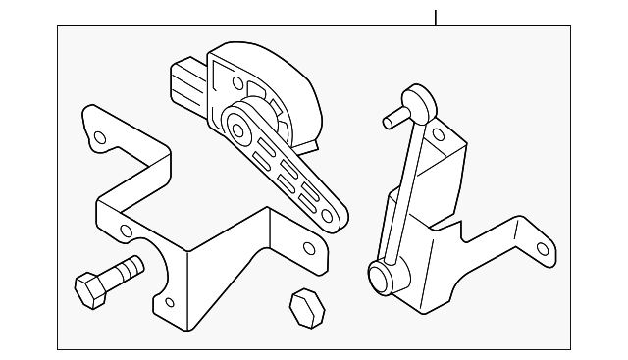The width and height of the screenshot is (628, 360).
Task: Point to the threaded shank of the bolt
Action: coord(126,269)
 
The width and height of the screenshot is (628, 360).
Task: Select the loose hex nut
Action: coord(306,309)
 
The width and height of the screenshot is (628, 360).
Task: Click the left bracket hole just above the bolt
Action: coord(125,231)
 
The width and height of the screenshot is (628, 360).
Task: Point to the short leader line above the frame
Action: coord(436,17)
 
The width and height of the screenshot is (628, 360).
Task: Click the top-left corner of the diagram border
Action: coord(58,26)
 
